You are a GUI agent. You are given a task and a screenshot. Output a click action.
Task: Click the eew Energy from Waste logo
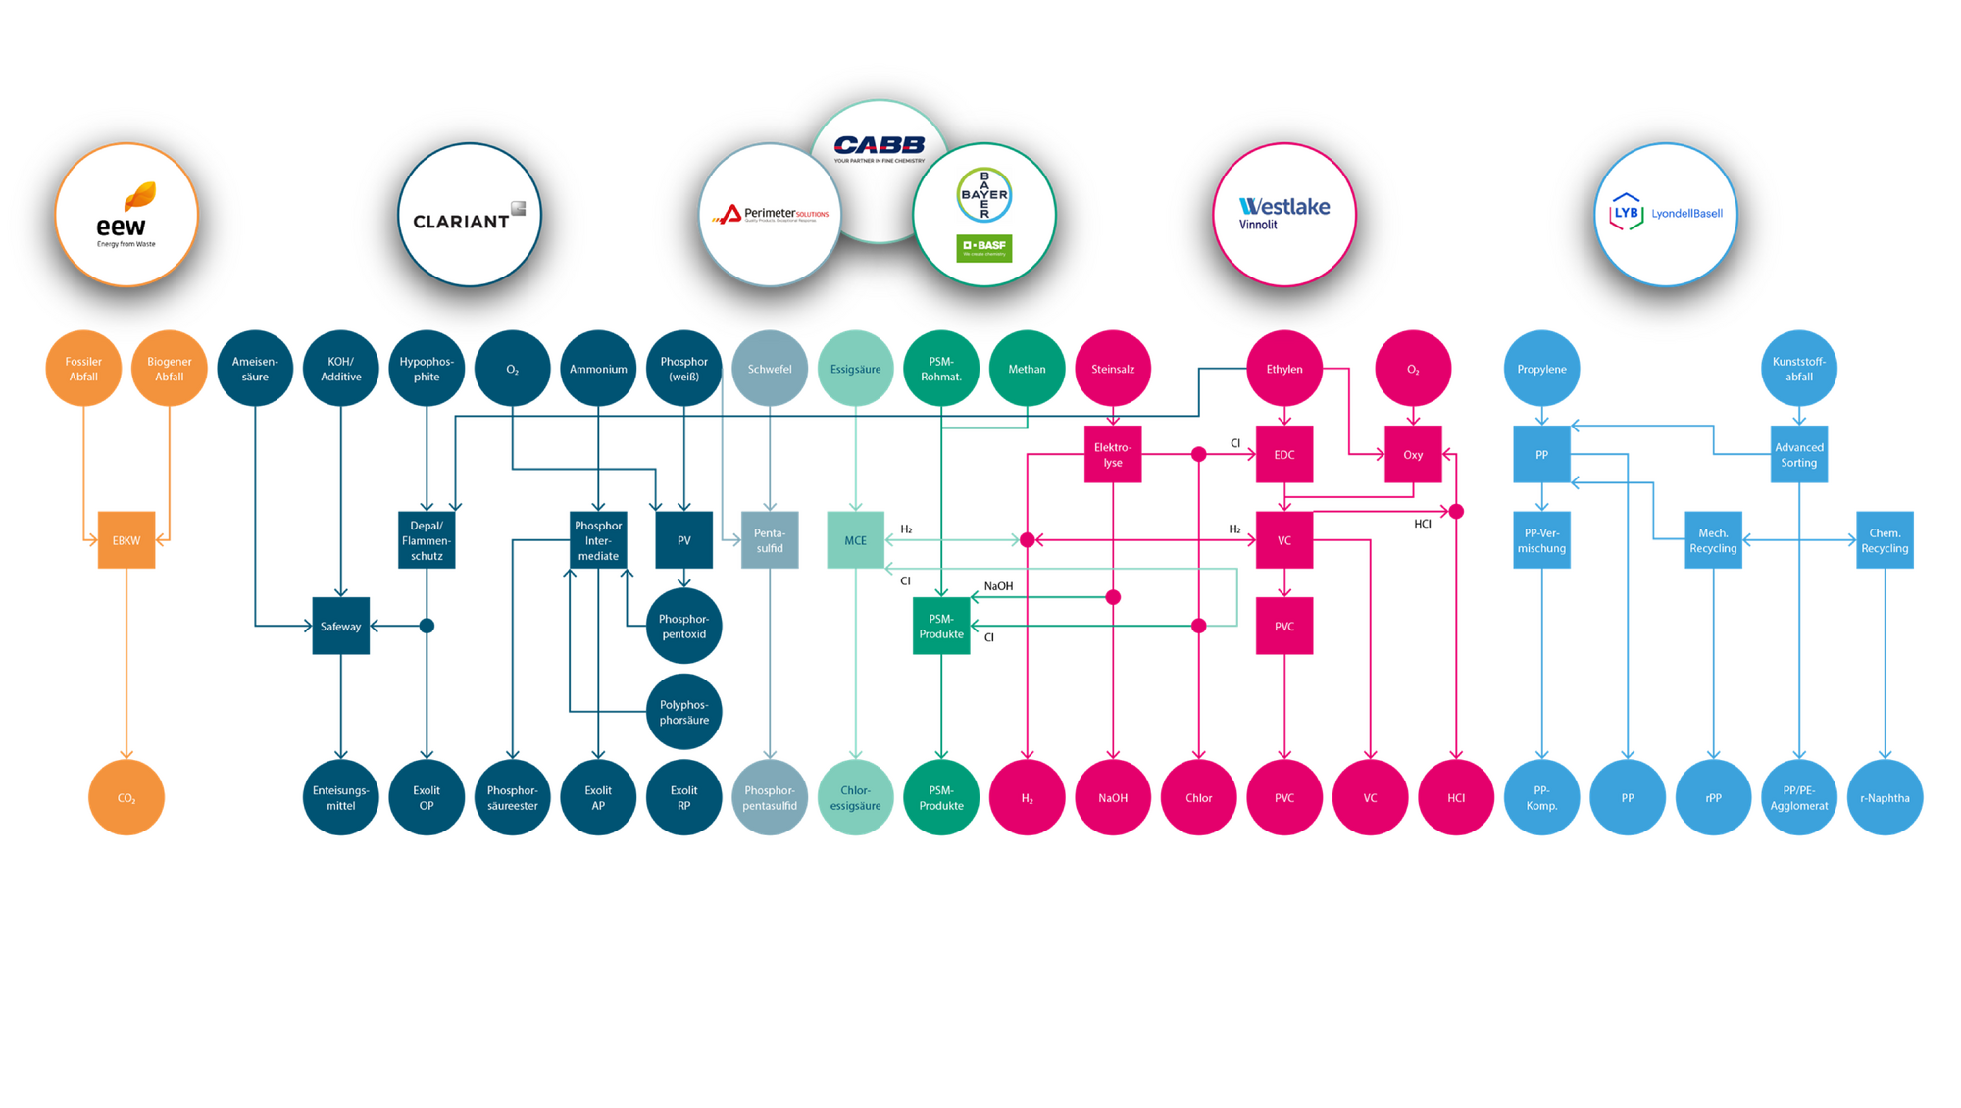[126, 215]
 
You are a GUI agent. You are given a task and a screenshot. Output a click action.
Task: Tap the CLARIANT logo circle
[469, 215]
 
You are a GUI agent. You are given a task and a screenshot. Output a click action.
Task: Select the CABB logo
[880, 147]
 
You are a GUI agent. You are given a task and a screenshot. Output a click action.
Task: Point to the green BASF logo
[983, 247]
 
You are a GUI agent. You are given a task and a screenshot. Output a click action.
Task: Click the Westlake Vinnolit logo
[1284, 214]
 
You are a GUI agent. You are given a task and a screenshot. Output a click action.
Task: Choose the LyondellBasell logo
[1666, 214]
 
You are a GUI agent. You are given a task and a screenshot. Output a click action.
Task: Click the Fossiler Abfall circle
[83, 369]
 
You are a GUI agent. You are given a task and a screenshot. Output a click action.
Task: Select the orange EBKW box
[126, 540]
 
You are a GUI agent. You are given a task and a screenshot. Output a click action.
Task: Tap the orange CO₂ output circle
[126, 797]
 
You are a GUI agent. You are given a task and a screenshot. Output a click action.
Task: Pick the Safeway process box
[340, 626]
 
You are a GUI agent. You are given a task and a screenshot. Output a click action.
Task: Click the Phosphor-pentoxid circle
[683, 626]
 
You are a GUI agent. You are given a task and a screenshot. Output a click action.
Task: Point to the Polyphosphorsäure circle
[683, 712]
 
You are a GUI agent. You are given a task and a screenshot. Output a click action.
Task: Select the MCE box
[855, 540]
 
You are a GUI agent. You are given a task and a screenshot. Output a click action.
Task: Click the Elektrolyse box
[1113, 455]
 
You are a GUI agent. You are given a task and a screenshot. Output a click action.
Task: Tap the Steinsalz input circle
[1113, 369]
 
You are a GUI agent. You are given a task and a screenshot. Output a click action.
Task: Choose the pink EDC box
[1284, 455]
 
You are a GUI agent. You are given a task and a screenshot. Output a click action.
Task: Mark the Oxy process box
[1413, 455]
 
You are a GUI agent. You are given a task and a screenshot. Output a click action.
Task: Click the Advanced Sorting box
[1799, 455]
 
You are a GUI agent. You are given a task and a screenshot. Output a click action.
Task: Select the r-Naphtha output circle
[1885, 797]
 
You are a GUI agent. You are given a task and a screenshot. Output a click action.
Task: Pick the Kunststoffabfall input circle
[1799, 369]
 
